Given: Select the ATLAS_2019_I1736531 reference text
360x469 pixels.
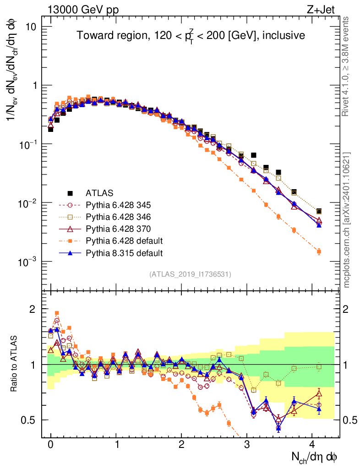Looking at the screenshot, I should [x=190, y=274].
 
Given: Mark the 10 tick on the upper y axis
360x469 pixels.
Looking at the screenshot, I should [x=30, y=27].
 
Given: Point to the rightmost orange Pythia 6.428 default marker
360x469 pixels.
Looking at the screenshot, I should [x=319, y=251].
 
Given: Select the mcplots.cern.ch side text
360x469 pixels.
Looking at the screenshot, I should [x=347, y=220].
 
